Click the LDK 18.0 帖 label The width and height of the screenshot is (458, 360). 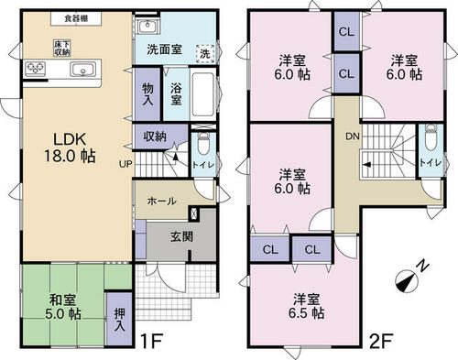[x=71, y=147]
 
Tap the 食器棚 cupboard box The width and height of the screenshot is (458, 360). [x=76, y=18]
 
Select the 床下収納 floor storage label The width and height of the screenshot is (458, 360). [x=62, y=48]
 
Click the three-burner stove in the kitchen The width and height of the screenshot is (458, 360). [x=36, y=69]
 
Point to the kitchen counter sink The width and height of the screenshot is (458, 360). [x=82, y=69]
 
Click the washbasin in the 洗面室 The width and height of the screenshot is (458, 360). [x=147, y=27]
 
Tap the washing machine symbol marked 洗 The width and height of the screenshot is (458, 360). [x=205, y=54]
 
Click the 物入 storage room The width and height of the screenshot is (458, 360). [x=147, y=94]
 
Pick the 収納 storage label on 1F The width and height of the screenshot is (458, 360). [x=155, y=136]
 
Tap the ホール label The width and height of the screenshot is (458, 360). [x=162, y=201]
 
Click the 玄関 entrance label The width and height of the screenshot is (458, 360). [x=181, y=236]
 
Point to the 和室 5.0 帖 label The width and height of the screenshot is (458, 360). [x=63, y=307]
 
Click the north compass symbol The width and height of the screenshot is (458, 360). [x=408, y=281]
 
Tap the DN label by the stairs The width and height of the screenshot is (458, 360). [x=353, y=136]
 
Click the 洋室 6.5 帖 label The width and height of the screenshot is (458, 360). [x=307, y=306]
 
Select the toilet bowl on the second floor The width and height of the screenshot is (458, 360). [x=431, y=137]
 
